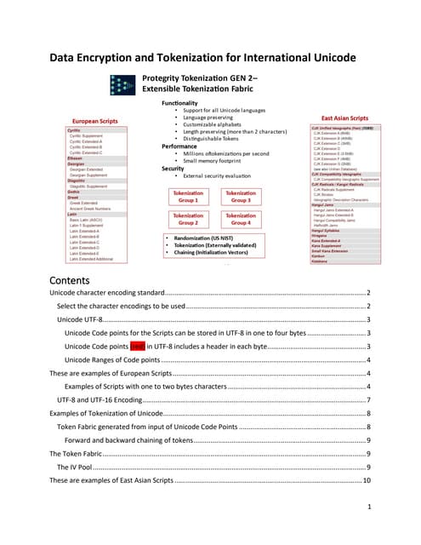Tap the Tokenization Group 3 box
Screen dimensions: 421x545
(241, 196)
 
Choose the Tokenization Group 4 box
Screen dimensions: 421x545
(241, 219)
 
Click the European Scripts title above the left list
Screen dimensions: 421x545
(94, 121)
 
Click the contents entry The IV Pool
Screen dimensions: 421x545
(81, 467)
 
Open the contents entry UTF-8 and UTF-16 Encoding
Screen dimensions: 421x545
(99, 399)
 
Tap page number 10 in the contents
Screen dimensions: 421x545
(367, 480)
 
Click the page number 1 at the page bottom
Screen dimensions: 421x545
(368, 508)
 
